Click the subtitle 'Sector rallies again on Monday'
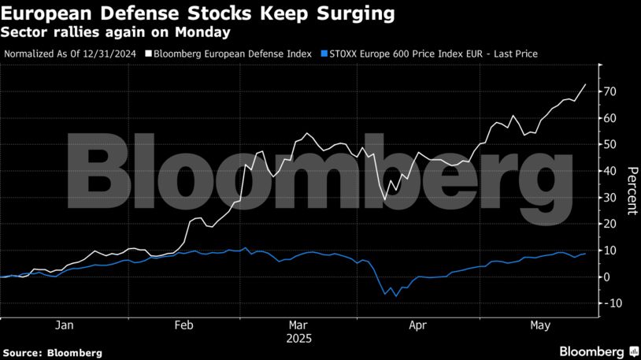pyautogui.click(x=116, y=32)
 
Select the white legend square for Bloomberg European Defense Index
pyautogui.click(x=148, y=54)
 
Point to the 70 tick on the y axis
pyautogui.click(x=610, y=91)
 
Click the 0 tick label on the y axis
pyautogui.click(x=607, y=276)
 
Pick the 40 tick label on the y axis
pyautogui.click(x=610, y=171)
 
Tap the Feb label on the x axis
pyautogui.click(x=183, y=325)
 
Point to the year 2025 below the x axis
pyautogui.click(x=300, y=340)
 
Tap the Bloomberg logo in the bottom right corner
pyautogui.click(x=598, y=351)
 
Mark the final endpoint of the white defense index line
pyautogui.click(x=585, y=84)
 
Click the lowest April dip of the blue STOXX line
pyautogui.click(x=395, y=296)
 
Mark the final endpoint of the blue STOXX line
pyautogui.click(x=585, y=254)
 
